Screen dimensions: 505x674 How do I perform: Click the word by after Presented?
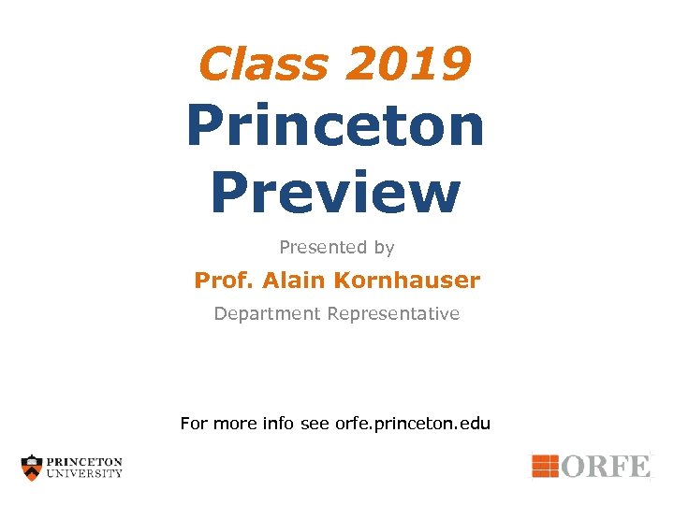[384, 249]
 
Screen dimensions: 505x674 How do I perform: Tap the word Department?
[267, 314]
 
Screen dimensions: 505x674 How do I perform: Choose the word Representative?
[393, 314]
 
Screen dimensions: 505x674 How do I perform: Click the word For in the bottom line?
[195, 424]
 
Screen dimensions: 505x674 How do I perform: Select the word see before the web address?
[315, 424]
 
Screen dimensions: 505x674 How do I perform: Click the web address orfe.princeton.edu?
[413, 424]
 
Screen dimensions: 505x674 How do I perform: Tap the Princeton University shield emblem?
[33, 467]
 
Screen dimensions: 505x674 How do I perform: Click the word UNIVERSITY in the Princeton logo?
[85, 473]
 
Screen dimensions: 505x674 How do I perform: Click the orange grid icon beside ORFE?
[546, 465]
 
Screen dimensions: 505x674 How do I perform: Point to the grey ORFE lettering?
[607, 465]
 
